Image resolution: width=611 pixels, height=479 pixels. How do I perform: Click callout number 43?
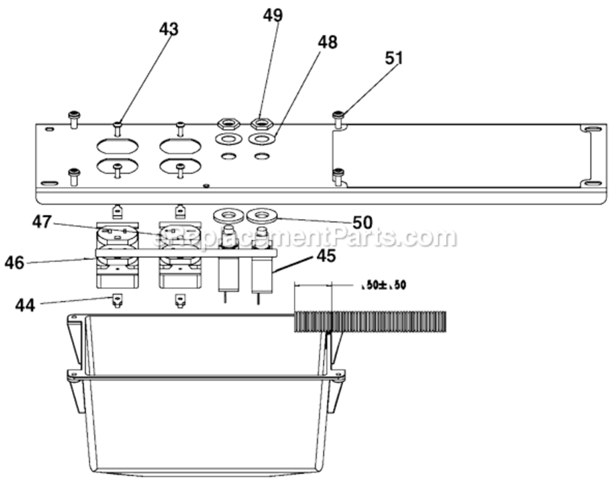coord(169,29)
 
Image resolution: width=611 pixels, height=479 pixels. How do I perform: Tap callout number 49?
coord(273,15)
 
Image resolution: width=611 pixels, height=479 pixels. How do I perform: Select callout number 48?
coord(327,43)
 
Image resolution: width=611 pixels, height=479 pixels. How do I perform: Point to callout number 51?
coord(394,58)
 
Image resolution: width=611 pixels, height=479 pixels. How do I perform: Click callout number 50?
coord(362,223)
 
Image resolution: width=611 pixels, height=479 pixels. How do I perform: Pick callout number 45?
coord(325,255)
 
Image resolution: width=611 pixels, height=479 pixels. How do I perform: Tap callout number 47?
coord(42,222)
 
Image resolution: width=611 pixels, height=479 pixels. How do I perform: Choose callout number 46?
coord(14,262)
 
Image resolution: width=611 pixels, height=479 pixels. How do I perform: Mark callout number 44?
coord(25,305)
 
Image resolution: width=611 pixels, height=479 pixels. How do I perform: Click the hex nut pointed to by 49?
coord(261,123)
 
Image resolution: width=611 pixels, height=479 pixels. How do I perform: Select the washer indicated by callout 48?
coord(261,139)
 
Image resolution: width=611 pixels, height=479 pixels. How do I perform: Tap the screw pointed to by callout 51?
coord(339,116)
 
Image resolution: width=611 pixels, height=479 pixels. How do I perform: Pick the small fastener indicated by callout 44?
coord(117,300)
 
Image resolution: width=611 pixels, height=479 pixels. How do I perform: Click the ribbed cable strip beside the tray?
coord(370,321)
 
